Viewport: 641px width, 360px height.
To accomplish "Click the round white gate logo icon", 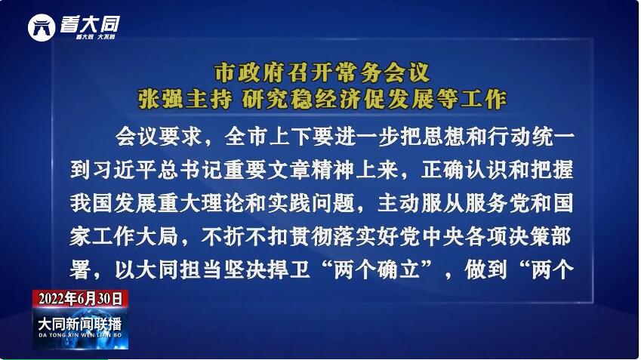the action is pyautogui.click(x=42, y=27).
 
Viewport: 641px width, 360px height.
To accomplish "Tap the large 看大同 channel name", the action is pyautogui.click(x=91, y=24).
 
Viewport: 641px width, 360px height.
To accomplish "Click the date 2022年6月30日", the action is pyautogui.click(x=81, y=299).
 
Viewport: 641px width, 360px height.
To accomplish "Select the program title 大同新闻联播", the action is pyautogui.click(x=80, y=324).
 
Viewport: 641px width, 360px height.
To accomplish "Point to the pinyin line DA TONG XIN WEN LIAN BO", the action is pyautogui.click(x=80, y=335).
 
